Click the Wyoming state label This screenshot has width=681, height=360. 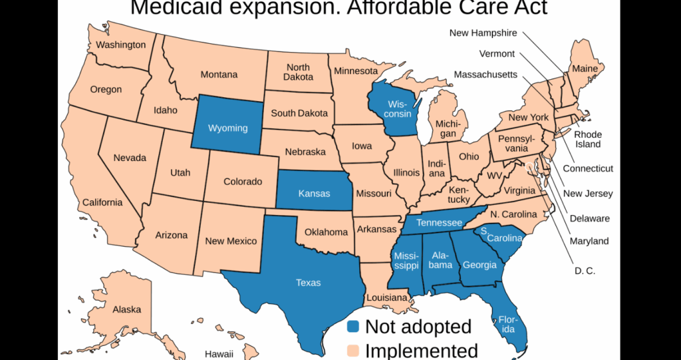pos(227,128)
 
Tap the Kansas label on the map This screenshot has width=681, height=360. pos(314,194)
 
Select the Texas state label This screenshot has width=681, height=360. pos(308,283)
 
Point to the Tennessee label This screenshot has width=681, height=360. pos(439,222)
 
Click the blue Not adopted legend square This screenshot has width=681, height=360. pos(354,326)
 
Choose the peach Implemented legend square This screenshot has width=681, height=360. pos(354,350)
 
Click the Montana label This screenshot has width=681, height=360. pos(219,75)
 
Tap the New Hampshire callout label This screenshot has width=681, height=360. pos(483,32)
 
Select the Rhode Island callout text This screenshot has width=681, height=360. pos(587,139)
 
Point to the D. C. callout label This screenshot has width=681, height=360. pos(585,271)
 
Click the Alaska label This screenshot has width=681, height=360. pos(126,309)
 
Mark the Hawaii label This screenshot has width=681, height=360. pos(219,353)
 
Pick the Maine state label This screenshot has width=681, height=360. pos(585,69)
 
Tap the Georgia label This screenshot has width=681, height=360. pos(479,265)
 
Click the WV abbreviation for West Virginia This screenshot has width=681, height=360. pos(493,176)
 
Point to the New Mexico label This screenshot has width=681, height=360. pos(231,241)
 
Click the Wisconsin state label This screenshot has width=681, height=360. pos(399,109)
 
